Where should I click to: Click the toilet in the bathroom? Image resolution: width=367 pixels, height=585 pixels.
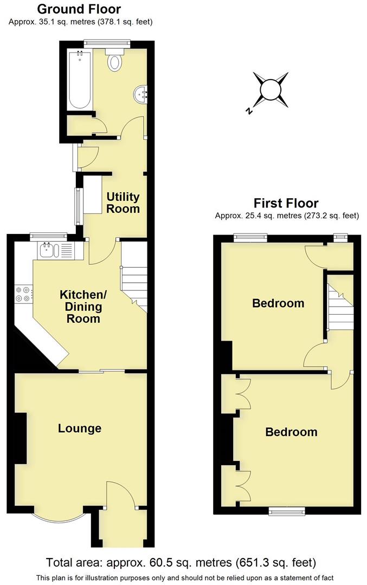click(x=114, y=61)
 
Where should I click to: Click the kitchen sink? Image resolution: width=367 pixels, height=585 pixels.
click(x=46, y=250)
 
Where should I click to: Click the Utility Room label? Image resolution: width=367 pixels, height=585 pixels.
click(x=123, y=203)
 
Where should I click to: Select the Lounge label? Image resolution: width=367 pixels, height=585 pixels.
click(x=80, y=428)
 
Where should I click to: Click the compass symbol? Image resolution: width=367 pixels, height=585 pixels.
click(x=269, y=89)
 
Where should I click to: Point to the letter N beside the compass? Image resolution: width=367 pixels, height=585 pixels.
click(x=249, y=111)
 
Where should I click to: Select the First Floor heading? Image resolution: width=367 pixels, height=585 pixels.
click(x=286, y=204)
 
